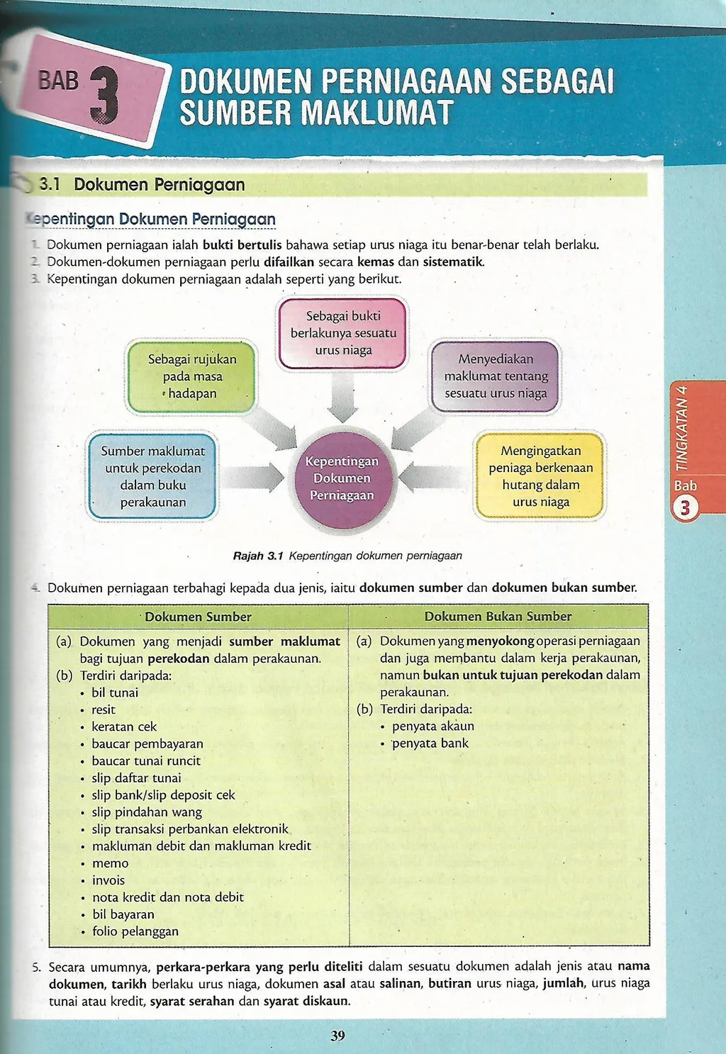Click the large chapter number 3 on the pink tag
click(104, 96)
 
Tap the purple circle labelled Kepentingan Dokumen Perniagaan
click(342, 478)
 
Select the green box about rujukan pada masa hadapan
click(191, 376)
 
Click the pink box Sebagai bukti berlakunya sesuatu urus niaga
click(343, 333)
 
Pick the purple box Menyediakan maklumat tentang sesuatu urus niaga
click(496, 376)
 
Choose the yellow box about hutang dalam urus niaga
click(540, 476)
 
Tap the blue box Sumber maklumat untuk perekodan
click(152, 476)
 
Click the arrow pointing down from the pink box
click(343, 398)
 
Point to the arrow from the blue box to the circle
click(254, 478)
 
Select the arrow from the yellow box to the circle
click(432, 477)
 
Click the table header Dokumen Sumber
click(198, 617)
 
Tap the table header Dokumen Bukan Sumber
click(498, 617)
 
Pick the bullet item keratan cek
click(124, 727)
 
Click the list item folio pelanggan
click(135, 931)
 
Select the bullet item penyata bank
click(430, 744)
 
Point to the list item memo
click(110, 863)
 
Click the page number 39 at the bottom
click(337, 1036)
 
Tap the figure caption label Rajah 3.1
click(258, 556)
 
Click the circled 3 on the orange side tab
click(685, 508)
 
